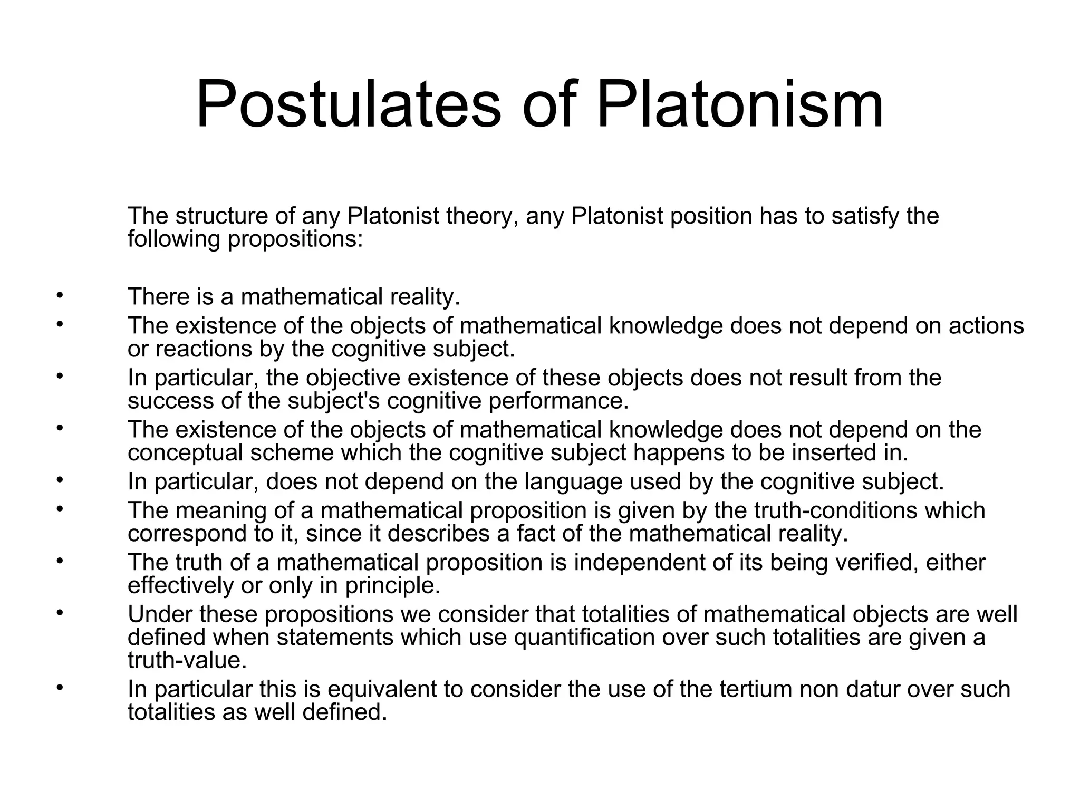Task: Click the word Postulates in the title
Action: [x=348, y=104]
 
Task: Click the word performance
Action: [x=558, y=401]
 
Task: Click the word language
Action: [x=574, y=482]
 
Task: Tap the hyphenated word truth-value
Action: [x=187, y=660]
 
